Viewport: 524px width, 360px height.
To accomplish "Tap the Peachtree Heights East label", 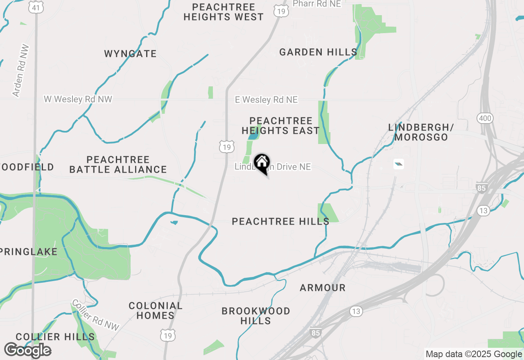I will [280, 126].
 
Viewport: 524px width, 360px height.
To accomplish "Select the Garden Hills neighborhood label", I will [318, 52].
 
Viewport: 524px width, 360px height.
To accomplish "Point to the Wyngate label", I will [130, 54].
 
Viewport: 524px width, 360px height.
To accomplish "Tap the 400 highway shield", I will [485, 119].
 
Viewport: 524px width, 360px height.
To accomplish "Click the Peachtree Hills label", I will [280, 221].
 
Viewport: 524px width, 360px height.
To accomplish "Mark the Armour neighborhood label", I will [323, 288].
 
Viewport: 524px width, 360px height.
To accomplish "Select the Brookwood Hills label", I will [256, 316].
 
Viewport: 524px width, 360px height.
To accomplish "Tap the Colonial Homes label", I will [156, 310].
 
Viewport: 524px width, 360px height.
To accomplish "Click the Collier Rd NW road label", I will [95, 315].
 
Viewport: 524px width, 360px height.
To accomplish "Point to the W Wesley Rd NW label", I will [78, 99].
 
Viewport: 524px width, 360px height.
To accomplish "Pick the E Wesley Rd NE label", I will [266, 100].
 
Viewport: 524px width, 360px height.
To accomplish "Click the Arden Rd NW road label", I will [20, 70].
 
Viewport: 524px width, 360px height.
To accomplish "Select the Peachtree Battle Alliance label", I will [118, 164].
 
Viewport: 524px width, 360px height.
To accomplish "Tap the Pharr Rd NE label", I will [316, 3].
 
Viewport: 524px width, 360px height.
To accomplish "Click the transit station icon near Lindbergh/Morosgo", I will [398, 164].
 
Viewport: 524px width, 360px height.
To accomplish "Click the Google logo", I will [27, 351].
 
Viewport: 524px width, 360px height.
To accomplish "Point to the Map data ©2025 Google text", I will [474, 354].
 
